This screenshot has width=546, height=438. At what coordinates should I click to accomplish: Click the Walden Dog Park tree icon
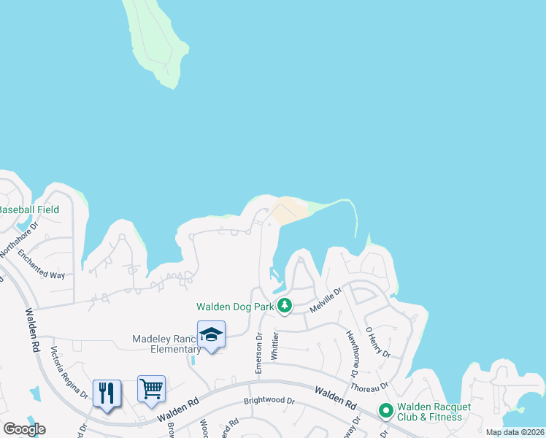tap(285, 307)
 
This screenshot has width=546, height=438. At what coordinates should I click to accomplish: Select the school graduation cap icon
tap(211, 334)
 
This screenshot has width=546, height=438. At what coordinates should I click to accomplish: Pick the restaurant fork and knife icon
tap(107, 393)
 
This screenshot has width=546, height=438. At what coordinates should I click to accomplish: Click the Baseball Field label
tap(29, 210)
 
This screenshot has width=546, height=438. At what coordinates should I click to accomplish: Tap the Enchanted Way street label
tap(42, 265)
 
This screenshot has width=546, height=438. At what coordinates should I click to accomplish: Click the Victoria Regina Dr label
tap(70, 373)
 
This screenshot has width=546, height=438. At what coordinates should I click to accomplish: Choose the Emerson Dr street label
tap(258, 354)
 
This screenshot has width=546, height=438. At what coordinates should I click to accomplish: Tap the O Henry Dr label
tap(379, 342)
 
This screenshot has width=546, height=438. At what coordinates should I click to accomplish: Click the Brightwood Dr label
tap(270, 401)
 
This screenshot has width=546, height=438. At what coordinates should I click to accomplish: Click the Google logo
tap(24, 429)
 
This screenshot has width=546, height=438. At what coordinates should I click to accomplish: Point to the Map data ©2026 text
tap(514, 432)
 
